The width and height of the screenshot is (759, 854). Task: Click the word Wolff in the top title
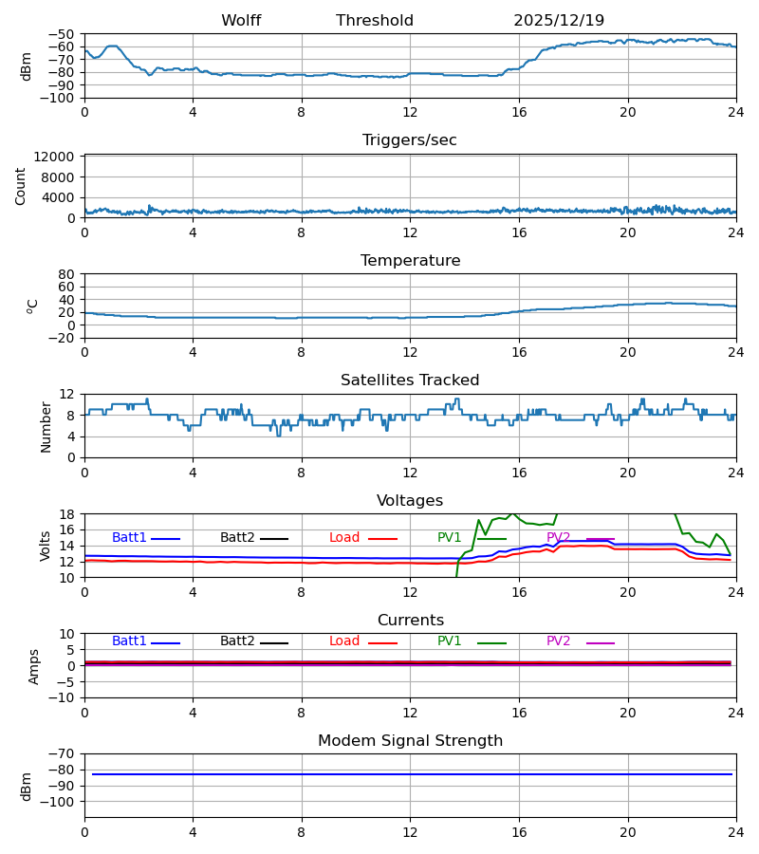tap(241, 21)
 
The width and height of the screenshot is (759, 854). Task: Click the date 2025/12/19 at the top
tap(559, 21)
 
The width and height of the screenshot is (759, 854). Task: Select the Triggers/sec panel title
tap(410, 140)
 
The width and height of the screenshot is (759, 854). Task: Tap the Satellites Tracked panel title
tap(410, 381)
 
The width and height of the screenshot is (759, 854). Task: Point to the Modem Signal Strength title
tap(410, 741)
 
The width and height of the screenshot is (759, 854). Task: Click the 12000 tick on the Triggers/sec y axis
tap(58, 157)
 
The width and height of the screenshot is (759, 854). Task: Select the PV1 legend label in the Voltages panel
tap(450, 538)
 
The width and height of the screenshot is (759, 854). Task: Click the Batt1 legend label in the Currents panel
tap(129, 641)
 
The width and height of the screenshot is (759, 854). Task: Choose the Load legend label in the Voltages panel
tap(344, 538)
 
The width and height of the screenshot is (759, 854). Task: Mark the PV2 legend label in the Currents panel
tap(558, 641)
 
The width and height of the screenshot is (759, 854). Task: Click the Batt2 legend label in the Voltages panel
tap(237, 538)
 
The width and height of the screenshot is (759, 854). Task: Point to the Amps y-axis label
tap(35, 666)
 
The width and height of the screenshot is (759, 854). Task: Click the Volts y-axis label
tap(46, 546)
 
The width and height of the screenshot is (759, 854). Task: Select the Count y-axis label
tap(21, 186)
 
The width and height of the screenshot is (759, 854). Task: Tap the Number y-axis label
tap(46, 426)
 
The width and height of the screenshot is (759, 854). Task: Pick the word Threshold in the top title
tap(375, 21)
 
